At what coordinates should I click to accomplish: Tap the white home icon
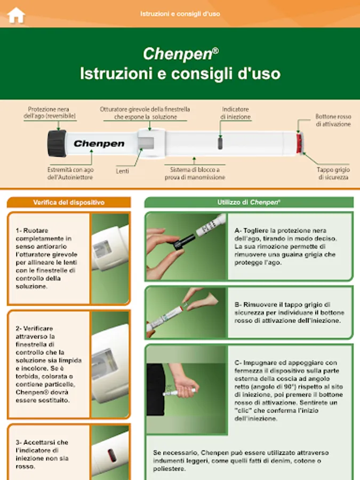pos(16,15)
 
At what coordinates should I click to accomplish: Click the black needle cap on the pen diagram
pos(57,143)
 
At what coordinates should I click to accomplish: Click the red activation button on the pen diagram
pos(299,143)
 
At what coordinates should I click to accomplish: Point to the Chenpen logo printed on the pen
pos(99,143)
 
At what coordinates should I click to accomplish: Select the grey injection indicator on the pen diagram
pos(220,143)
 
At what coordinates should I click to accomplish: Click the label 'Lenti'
pos(123,171)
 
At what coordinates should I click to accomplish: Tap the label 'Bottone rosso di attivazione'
pos(333,121)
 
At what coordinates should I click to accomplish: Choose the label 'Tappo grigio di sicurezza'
pos(333,173)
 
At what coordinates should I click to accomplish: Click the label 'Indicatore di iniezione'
pos(235,113)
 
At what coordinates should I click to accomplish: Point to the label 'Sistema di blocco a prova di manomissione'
pos(195,173)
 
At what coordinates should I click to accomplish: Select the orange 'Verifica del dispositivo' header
pos(69,202)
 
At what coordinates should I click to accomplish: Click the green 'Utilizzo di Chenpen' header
pos(249,202)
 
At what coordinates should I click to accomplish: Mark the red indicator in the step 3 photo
pos(111,455)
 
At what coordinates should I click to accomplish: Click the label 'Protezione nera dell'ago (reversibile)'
pos(50,113)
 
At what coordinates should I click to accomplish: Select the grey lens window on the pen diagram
pos(146,143)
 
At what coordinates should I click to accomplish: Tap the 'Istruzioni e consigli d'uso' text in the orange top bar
pos(180,14)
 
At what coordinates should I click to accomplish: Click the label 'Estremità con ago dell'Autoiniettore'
pos(70,173)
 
